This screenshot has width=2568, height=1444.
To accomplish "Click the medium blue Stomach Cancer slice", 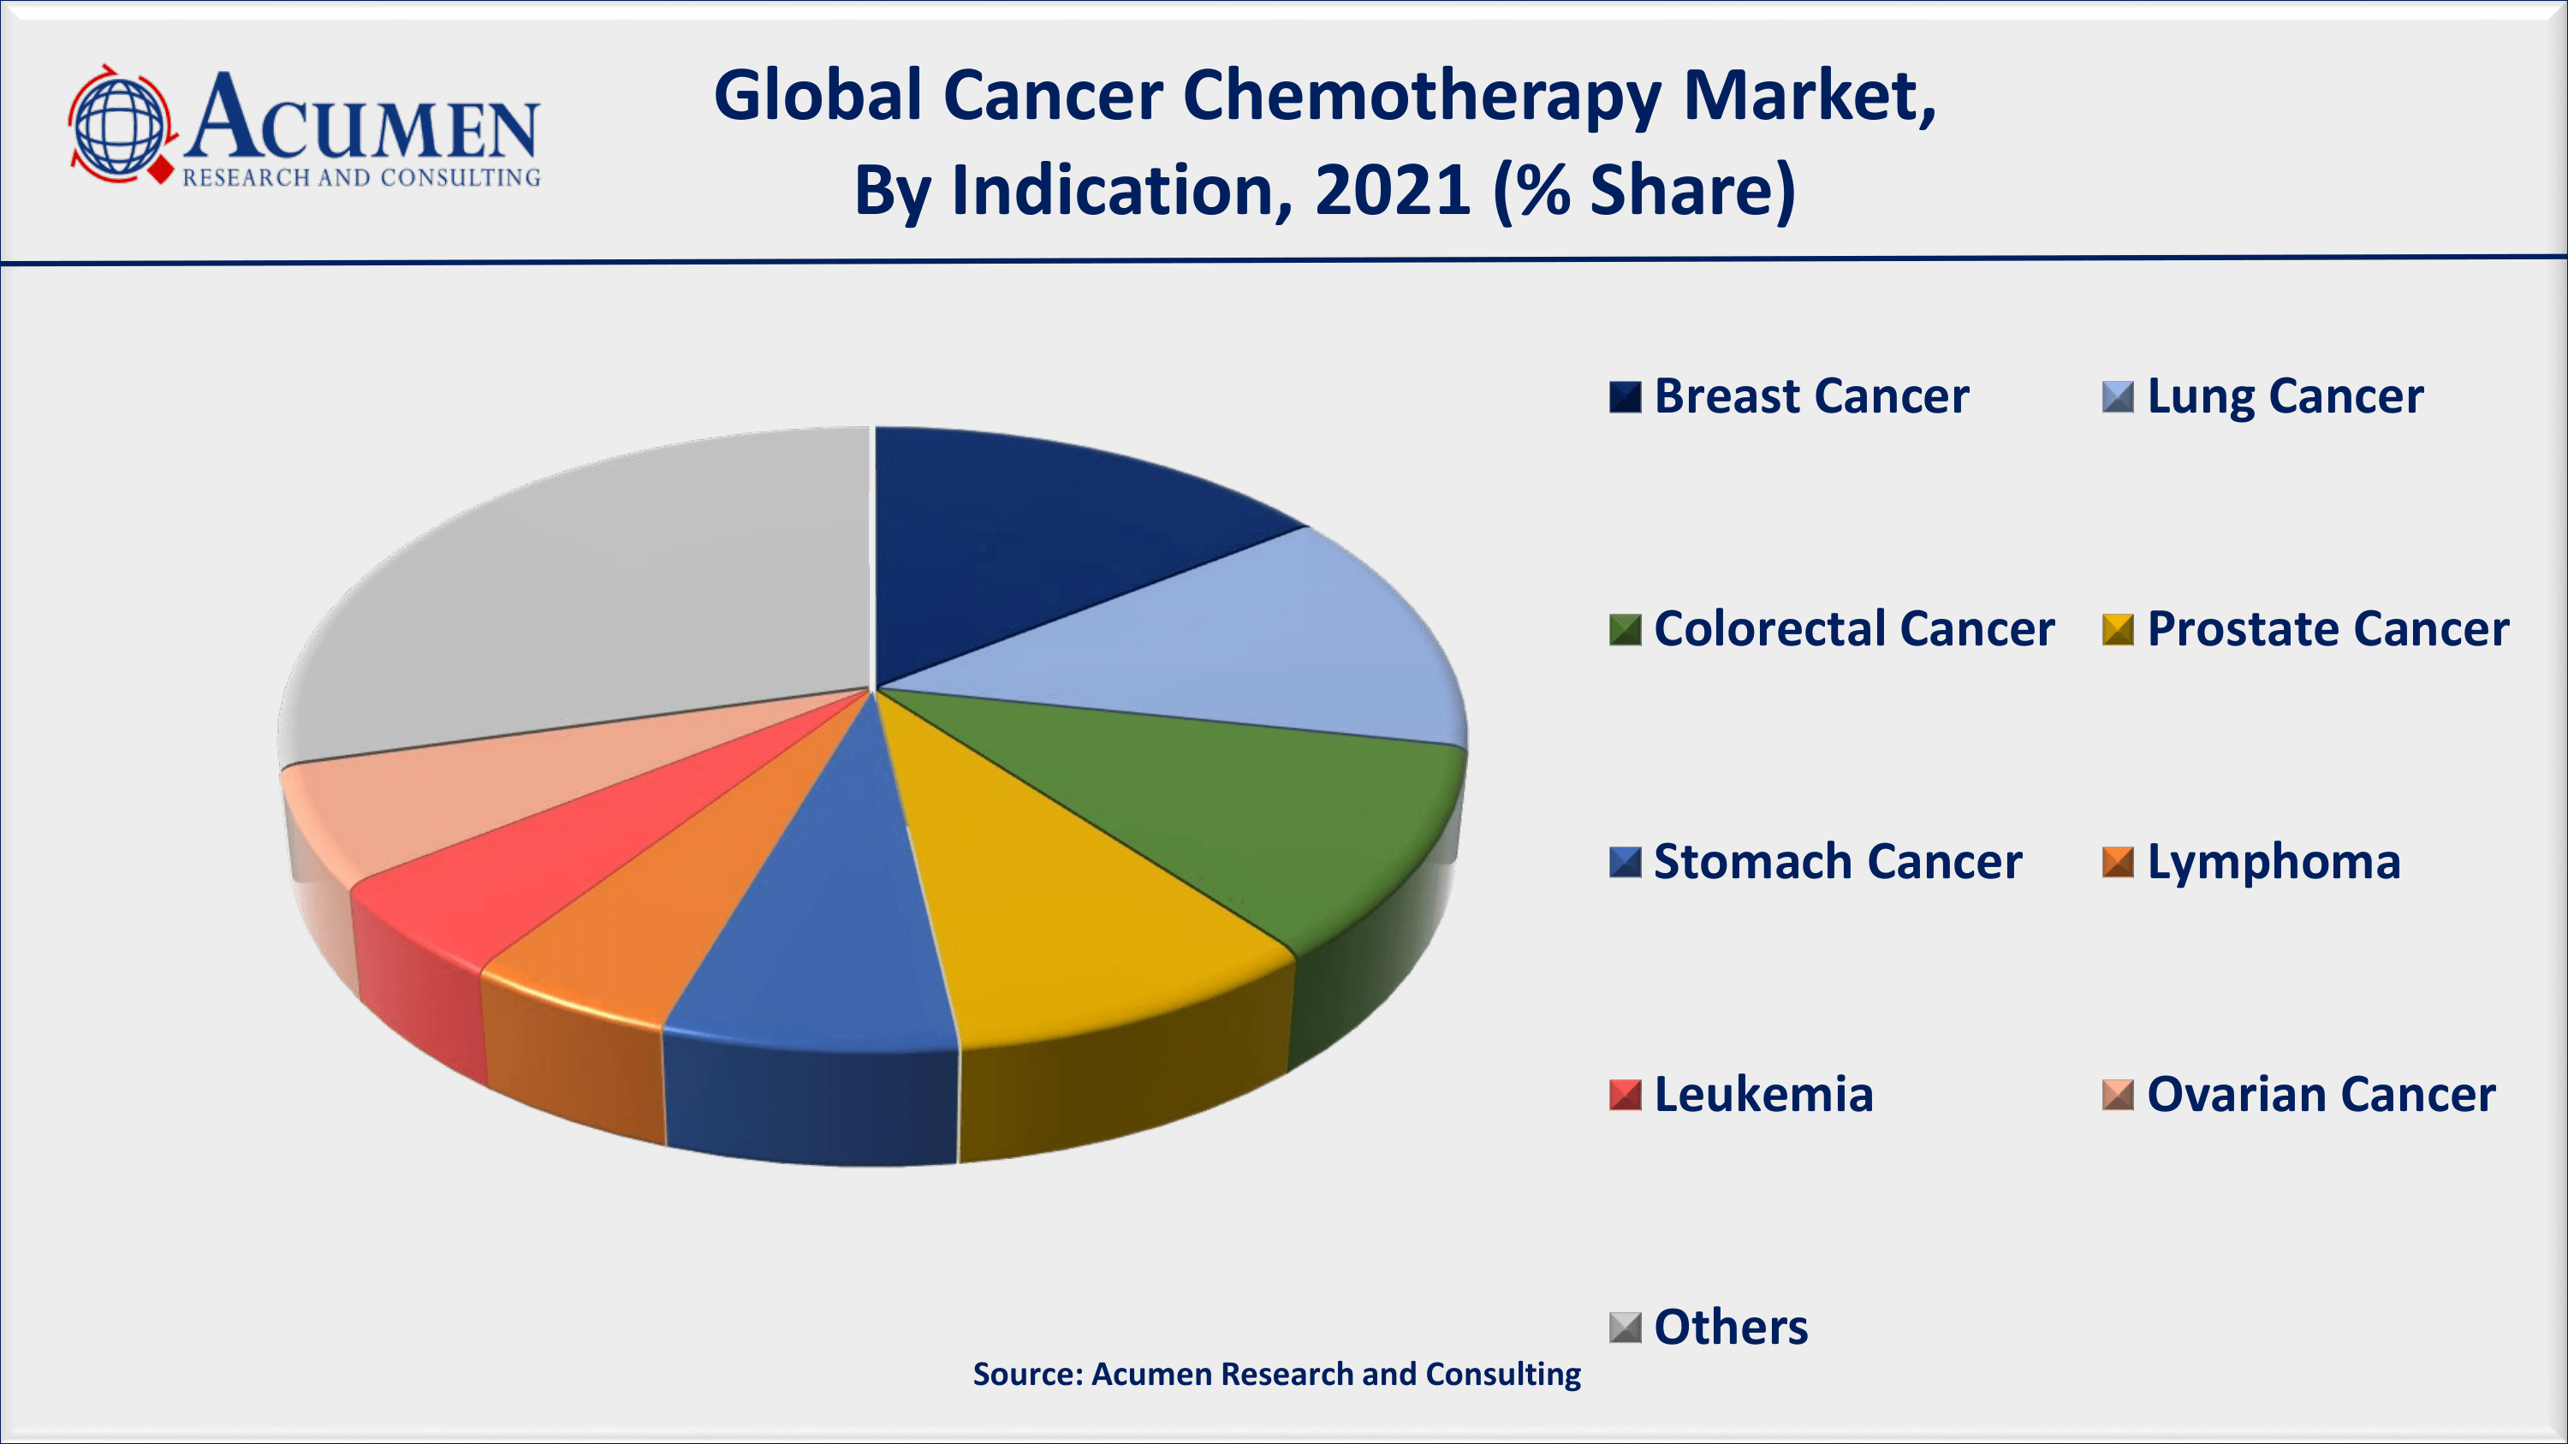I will (828, 927).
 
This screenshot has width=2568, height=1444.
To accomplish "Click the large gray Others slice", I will (598, 598).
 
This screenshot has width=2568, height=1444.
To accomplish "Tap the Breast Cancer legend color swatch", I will (1624, 396).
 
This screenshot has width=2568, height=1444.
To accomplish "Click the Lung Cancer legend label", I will (2285, 396).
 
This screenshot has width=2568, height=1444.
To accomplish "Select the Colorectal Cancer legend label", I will (1853, 629).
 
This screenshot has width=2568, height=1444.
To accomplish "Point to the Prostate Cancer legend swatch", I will (2118, 629).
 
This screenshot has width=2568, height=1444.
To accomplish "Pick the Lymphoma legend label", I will (2273, 862).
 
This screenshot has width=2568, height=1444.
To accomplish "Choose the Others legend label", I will (1731, 1328).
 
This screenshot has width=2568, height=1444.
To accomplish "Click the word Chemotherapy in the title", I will (1422, 98).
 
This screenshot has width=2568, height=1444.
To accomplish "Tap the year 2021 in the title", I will (1392, 189).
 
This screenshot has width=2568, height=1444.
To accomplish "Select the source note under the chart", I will (1276, 1375).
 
